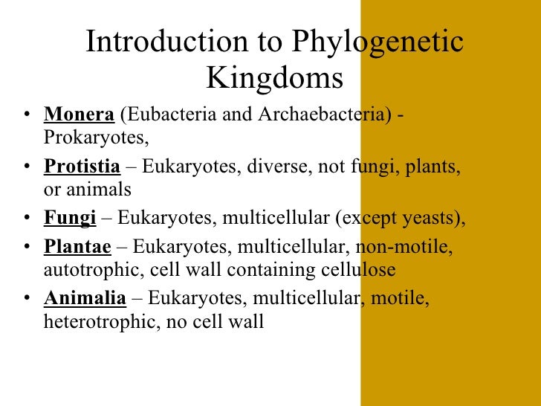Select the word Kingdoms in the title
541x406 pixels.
point(274,77)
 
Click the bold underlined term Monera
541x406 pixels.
point(80,116)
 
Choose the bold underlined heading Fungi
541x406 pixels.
point(71,218)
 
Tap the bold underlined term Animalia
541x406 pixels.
point(85,299)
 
